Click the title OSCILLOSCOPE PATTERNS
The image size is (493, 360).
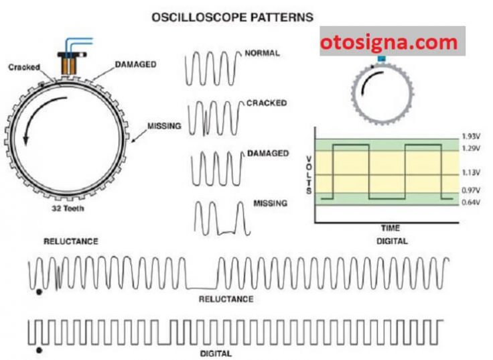click(x=232, y=17)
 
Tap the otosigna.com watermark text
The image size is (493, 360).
click(x=389, y=42)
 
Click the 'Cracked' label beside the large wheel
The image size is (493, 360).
click(x=24, y=67)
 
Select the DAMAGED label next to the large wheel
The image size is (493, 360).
click(x=135, y=64)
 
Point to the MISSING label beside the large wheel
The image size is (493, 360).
click(x=164, y=126)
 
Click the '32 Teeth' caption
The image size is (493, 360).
click(x=68, y=208)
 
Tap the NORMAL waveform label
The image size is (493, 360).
click(x=262, y=53)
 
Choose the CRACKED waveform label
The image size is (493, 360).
click(x=267, y=103)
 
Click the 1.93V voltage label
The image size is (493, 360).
click(x=471, y=137)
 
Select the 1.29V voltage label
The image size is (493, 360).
click(x=471, y=148)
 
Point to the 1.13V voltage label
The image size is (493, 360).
click(x=471, y=172)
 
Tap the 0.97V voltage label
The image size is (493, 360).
click(x=471, y=190)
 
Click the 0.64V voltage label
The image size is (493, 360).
click(x=471, y=202)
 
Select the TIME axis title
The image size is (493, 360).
click(x=391, y=228)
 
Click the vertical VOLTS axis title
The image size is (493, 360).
click(x=309, y=175)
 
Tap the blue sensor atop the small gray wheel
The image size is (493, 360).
click(x=382, y=59)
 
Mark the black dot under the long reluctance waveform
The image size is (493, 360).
click(x=39, y=292)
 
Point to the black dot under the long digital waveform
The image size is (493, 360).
click(x=39, y=350)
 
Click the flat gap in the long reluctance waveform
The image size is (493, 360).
click(x=202, y=288)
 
